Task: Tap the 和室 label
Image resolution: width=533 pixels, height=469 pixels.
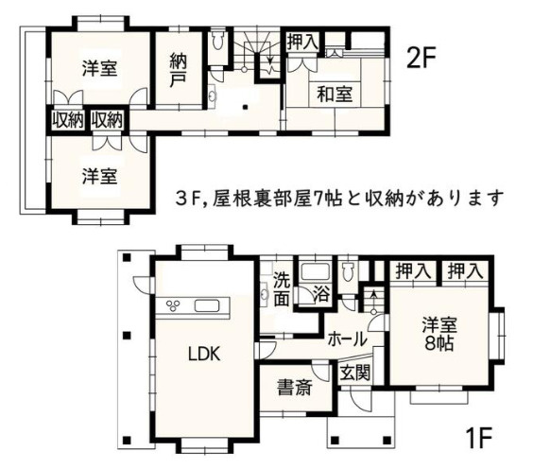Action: (x=335, y=94)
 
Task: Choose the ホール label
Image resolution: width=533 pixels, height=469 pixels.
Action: (x=347, y=339)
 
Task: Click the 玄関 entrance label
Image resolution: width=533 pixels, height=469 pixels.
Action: (x=355, y=373)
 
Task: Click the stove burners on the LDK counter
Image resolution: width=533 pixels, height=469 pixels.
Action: (x=177, y=304)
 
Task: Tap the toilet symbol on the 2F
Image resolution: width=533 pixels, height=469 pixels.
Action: (x=219, y=42)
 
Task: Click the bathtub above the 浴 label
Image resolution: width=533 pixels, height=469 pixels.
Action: (x=314, y=272)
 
